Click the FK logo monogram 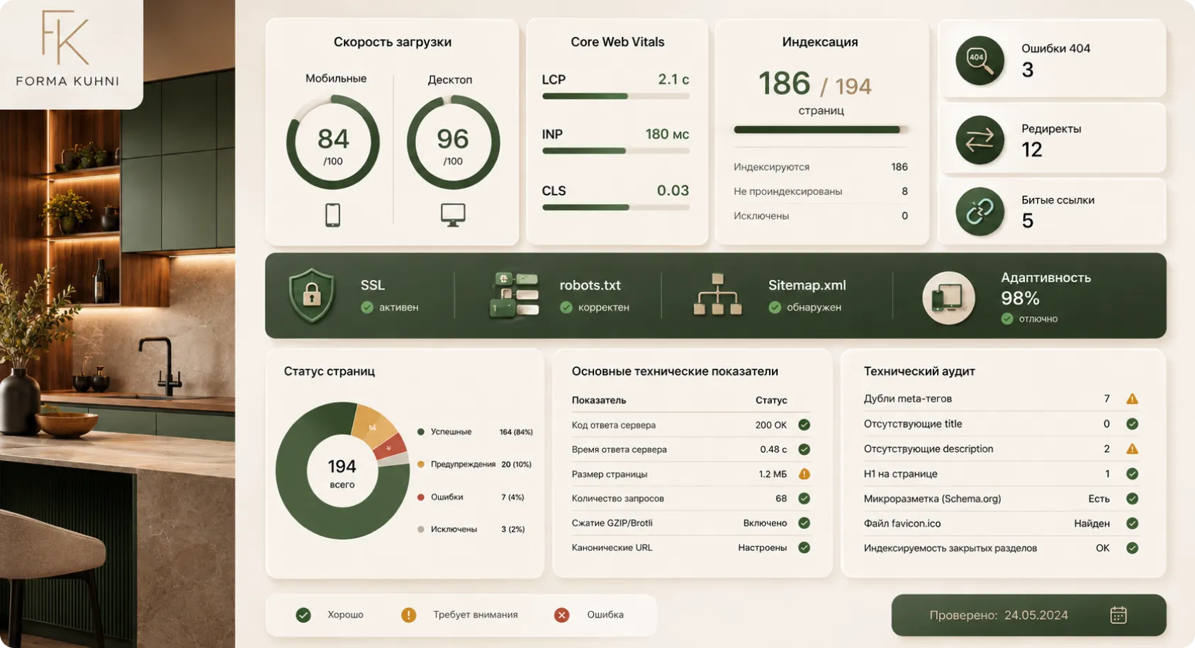tap(65, 38)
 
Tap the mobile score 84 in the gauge tap(333, 139)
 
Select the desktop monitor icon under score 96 tap(453, 215)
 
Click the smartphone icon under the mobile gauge tap(332, 215)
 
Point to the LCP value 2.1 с tap(673, 79)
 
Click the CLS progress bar tap(616, 207)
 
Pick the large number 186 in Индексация tap(784, 84)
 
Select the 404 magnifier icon tap(980, 60)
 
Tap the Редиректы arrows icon tap(980, 140)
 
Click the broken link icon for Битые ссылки tap(980, 211)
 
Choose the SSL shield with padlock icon tap(312, 295)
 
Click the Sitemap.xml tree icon tap(717, 294)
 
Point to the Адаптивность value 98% tap(1020, 298)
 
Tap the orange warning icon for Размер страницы tap(804, 474)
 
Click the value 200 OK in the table tap(771, 425)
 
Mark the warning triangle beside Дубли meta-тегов tap(1132, 398)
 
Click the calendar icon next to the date tap(1118, 615)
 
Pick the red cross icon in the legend tap(561, 615)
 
